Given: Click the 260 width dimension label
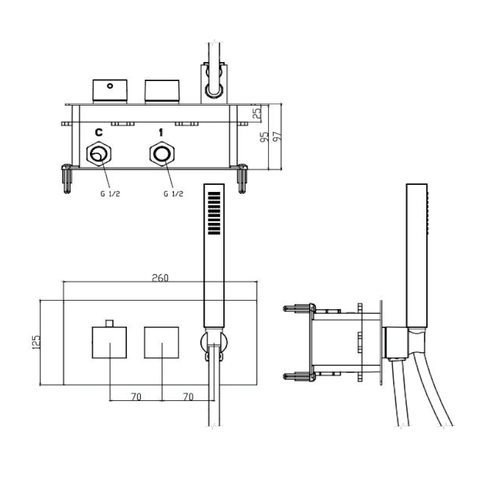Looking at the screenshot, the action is [x=160, y=278].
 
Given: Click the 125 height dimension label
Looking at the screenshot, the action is [x=36, y=342].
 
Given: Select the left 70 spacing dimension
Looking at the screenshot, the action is [x=136, y=397].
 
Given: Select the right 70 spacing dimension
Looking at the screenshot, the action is [x=188, y=397].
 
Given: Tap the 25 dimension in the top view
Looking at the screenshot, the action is [x=257, y=113].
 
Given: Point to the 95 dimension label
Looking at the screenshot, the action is [x=264, y=137].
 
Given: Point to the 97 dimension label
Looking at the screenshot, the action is [x=278, y=136].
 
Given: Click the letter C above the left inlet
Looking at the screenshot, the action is [x=98, y=132].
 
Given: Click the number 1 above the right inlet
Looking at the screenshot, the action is [x=161, y=132].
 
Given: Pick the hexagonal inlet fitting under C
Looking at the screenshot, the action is [x=99, y=154].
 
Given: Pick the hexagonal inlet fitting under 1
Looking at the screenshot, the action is [x=162, y=154].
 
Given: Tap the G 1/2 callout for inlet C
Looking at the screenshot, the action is [x=110, y=194].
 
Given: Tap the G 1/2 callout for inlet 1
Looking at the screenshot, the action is [x=173, y=194].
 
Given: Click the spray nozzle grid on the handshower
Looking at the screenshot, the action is [x=214, y=213].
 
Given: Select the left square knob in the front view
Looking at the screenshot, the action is [x=109, y=342].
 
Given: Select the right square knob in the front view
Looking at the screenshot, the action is [x=161, y=342].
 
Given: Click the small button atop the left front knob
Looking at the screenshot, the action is [x=109, y=323].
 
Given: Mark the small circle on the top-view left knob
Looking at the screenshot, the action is [x=110, y=86].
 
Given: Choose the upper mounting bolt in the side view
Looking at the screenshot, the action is [x=299, y=308].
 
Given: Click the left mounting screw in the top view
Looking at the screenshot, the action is [x=67, y=179].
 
